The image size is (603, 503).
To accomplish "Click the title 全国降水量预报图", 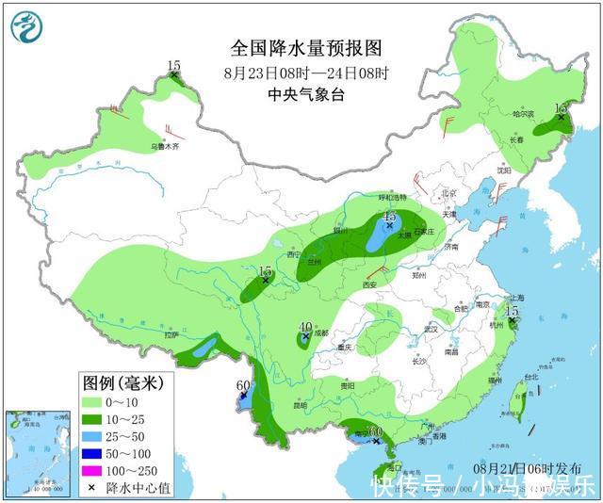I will [x=307, y=48].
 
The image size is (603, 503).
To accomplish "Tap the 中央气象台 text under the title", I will [x=307, y=94].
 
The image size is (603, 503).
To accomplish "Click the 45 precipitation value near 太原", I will [x=389, y=217].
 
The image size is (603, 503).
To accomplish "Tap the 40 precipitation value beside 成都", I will [x=305, y=328].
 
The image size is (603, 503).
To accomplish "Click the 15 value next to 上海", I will [x=513, y=311].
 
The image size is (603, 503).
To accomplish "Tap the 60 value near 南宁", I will [x=375, y=431].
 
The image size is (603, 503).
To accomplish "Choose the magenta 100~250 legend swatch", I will [x=94, y=470].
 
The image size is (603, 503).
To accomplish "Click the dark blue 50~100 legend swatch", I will [x=94, y=453].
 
